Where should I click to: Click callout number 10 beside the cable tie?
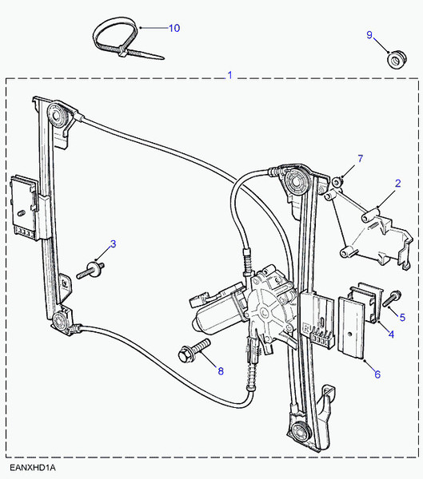[174, 28]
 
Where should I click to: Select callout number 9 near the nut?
[369, 35]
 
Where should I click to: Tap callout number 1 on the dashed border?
[229, 76]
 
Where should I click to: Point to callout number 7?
[360, 158]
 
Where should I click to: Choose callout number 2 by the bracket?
[397, 184]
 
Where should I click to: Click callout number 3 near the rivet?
[113, 244]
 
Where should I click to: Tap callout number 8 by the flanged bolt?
[221, 369]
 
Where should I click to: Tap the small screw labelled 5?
[391, 301]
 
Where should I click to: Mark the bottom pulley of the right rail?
[302, 433]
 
